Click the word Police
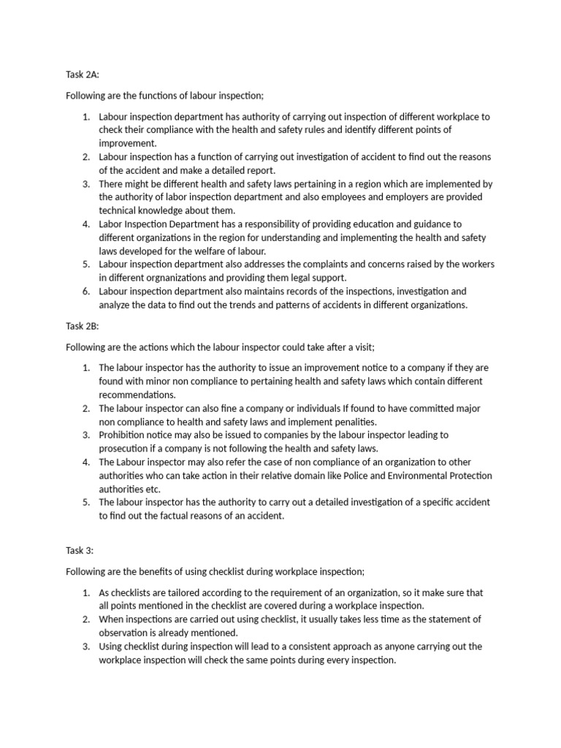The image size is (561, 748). (x=392, y=476)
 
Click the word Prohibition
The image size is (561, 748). (x=123, y=435)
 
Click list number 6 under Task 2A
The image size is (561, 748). (x=85, y=291)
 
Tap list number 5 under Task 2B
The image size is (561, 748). (x=85, y=502)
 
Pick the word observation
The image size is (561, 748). (x=125, y=633)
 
